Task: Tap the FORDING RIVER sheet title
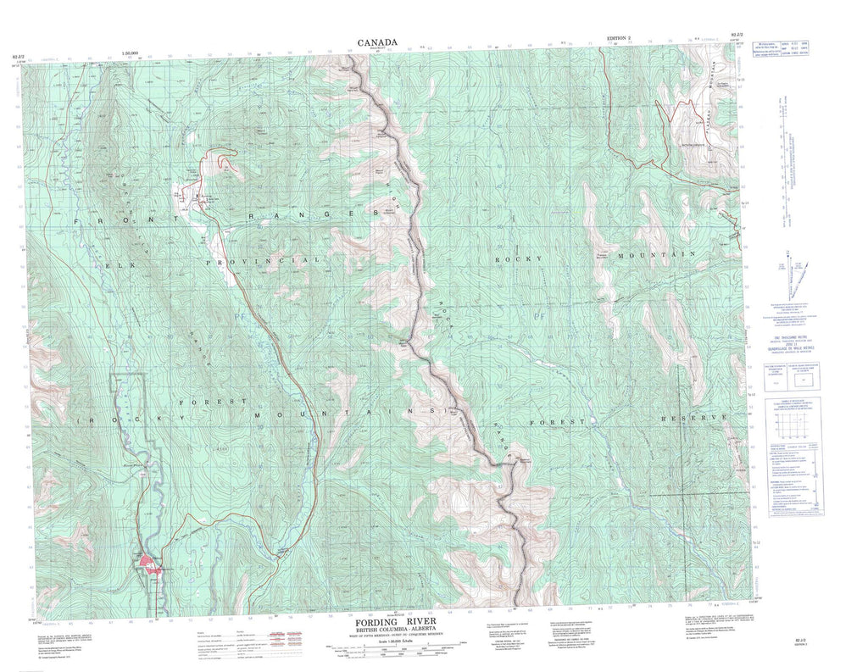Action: (x=391, y=623)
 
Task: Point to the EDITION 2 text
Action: (x=620, y=39)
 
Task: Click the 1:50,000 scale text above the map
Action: (x=131, y=53)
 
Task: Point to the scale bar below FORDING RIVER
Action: (x=391, y=651)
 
